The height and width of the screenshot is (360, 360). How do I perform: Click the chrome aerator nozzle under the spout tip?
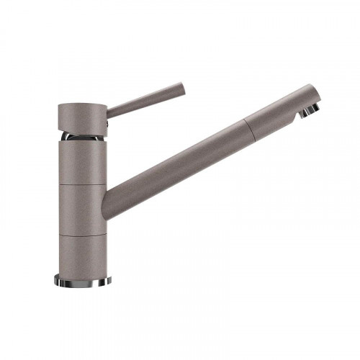(310, 110)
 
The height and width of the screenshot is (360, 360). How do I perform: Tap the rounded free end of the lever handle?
(183, 89)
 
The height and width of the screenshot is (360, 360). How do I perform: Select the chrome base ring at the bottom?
(82, 280)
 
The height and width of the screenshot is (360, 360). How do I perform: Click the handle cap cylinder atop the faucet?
(82, 117)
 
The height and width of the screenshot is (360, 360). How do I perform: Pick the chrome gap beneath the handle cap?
(81, 135)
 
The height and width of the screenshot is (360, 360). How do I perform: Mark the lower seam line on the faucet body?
(82, 233)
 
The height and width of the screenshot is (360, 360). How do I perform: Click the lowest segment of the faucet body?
(82, 254)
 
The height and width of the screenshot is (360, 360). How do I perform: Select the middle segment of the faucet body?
(82, 210)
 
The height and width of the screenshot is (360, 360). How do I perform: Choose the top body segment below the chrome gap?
(82, 162)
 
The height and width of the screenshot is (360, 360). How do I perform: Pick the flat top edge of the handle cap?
(82, 104)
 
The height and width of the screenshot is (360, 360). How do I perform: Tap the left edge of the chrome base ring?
(55, 279)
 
